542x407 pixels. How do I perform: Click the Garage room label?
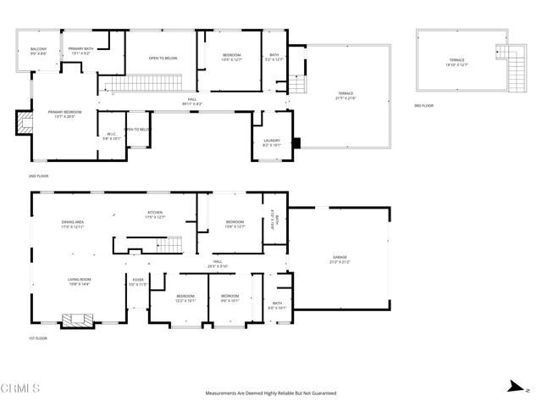click(x=340, y=259)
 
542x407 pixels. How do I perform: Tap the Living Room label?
click(x=79, y=281)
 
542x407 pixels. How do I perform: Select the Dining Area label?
click(x=74, y=225)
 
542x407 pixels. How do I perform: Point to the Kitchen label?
click(x=154, y=215)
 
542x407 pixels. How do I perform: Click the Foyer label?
click(x=137, y=281)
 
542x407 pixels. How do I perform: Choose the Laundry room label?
click(x=272, y=142)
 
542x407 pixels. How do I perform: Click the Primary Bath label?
click(x=81, y=51)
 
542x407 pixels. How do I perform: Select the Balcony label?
click(x=38, y=51)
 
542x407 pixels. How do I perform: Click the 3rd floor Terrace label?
click(x=456, y=63)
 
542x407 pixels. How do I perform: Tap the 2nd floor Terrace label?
click(x=346, y=95)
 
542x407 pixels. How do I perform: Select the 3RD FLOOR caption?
click(x=423, y=105)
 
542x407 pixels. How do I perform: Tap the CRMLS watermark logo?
click(x=20, y=388)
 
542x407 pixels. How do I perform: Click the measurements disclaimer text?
click(x=271, y=393)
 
